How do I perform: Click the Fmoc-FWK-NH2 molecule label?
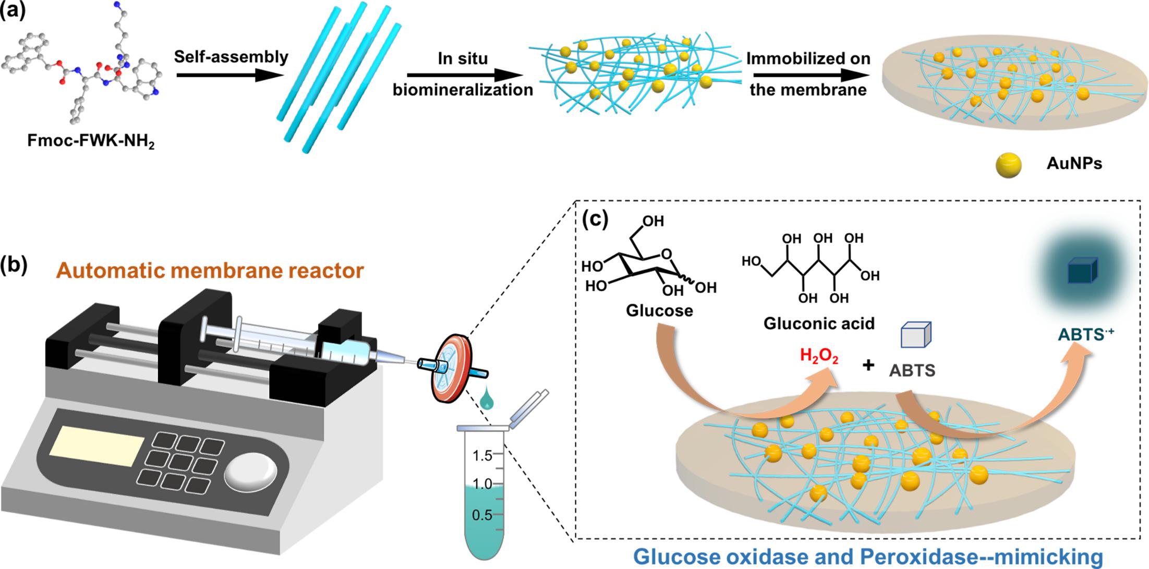[91, 141]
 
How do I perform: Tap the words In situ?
[463, 58]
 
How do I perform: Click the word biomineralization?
[463, 90]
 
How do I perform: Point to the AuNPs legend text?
[1074, 164]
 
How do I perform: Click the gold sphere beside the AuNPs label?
[1008, 165]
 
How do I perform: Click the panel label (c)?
[595, 220]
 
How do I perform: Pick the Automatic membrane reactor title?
[210, 271]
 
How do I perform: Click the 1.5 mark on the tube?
[482, 455]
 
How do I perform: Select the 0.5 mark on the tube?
[482, 515]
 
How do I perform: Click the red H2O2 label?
[819, 356]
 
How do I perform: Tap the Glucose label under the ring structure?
[659, 311]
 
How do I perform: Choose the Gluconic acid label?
[819, 323]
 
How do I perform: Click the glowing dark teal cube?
[1083, 271]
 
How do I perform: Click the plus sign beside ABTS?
[868, 365]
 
